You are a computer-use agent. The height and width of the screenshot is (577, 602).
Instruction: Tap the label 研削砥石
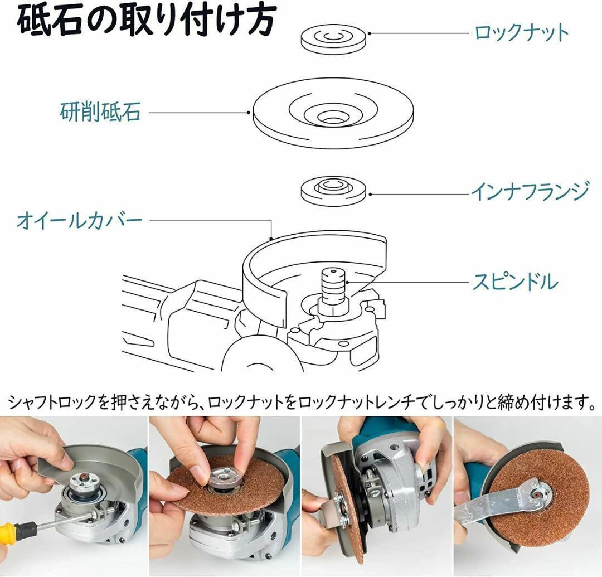[x=100, y=111]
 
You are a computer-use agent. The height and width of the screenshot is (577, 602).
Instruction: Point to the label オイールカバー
[x=80, y=220]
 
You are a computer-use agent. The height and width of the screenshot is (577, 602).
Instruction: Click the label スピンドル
[x=515, y=282]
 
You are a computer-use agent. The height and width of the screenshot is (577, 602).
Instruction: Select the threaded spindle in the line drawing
[x=332, y=286]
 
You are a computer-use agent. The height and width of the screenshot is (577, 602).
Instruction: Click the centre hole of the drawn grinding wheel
[x=332, y=117]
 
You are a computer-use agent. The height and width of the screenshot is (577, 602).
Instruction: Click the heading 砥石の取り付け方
[x=146, y=20]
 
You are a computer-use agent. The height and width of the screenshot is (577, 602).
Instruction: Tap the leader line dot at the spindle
[x=347, y=282]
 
